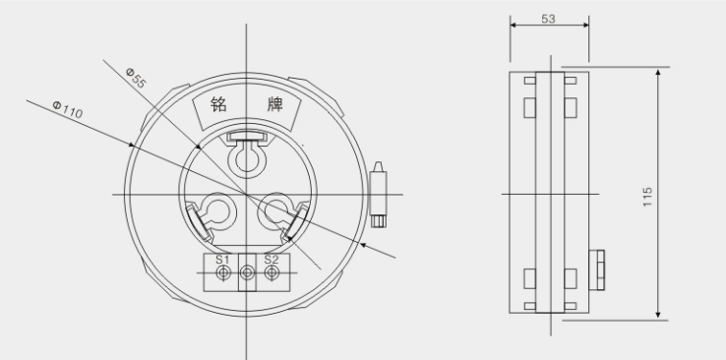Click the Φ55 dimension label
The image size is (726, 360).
click(136, 78)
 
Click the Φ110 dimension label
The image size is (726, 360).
click(68, 109)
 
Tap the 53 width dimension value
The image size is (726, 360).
click(548, 19)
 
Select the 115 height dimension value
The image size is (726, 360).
click(647, 197)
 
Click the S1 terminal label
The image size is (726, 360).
click(222, 260)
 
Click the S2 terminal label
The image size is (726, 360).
click(272, 259)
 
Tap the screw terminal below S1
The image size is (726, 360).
click(223, 273)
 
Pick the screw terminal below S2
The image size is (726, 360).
click(272, 273)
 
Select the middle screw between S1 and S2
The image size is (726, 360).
click(247, 272)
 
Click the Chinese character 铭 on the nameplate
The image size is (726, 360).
click(218, 104)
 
